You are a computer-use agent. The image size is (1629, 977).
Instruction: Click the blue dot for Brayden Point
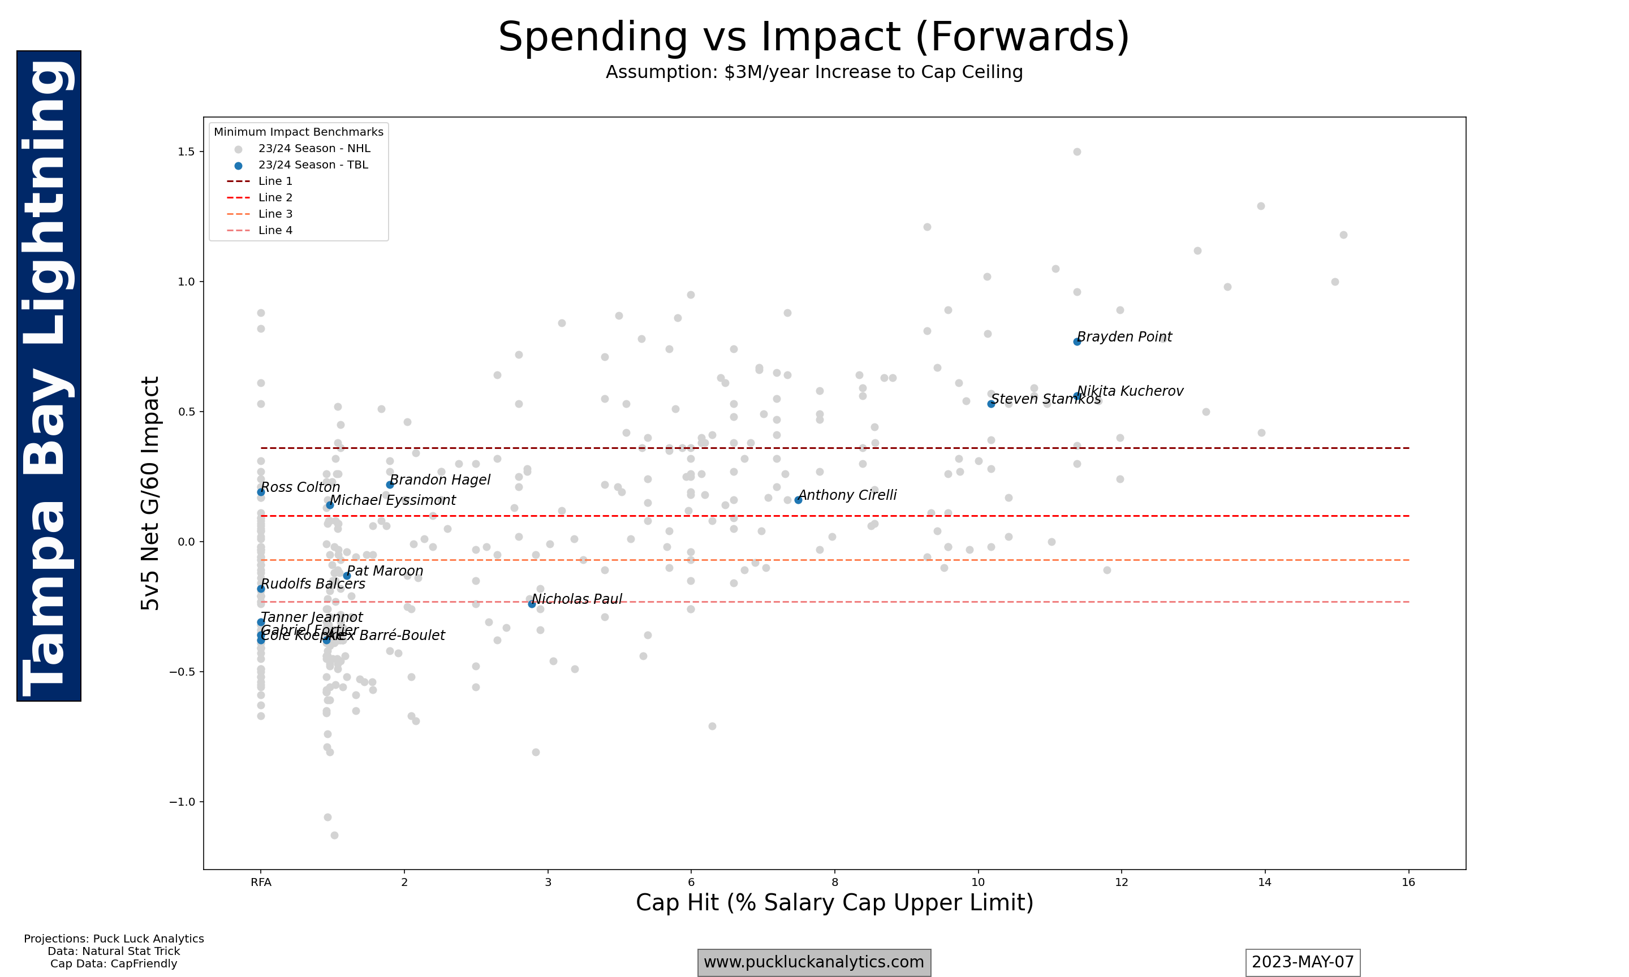(x=1076, y=341)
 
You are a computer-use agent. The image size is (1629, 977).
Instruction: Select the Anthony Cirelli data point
(x=798, y=500)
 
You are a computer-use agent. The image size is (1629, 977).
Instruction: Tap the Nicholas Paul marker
(x=531, y=604)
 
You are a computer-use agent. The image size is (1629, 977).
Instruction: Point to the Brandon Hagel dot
(x=390, y=485)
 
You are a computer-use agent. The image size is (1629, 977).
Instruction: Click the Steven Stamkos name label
(x=1046, y=399)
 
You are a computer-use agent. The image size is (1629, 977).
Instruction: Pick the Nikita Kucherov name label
(x=1130, y=391)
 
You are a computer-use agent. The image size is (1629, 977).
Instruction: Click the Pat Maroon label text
(x=385, y=571)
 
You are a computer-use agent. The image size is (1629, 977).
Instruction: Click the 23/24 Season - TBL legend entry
(x=312, y=165)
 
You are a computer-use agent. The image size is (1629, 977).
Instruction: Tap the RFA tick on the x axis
(x=261, y=882)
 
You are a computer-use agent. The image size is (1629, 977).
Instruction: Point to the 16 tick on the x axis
(x=1408, y=882)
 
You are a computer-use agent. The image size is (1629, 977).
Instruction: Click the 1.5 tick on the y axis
(x=186, y=152)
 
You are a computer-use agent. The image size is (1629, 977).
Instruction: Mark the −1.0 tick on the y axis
(x=182, y=802)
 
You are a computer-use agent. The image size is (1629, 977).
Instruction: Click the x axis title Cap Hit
(x=834, y=902)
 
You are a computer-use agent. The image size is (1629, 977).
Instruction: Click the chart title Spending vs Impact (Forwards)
(x=814, y=37)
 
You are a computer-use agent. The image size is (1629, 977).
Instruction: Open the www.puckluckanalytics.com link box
(x=814, y=962)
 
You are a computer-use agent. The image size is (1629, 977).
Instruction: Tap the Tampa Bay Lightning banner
(x=49, y=376)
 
